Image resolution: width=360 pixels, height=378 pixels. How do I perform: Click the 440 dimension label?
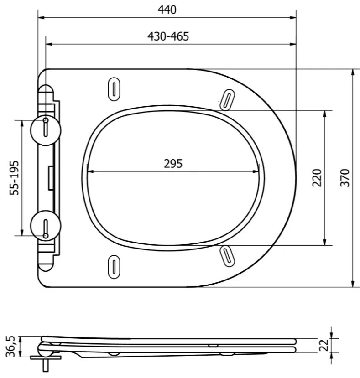tap(167, 10)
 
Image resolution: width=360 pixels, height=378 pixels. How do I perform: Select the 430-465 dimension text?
tap(168, 36)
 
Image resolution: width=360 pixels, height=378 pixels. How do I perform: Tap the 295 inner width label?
tap(173, 164)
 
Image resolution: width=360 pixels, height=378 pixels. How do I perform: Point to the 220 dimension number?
tap(317, 178)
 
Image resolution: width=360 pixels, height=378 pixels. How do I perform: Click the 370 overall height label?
tap(345, 178)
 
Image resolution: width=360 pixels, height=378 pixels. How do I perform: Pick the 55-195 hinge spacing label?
tap(14, 178)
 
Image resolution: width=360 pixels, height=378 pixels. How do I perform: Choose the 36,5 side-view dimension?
tap(10, 346)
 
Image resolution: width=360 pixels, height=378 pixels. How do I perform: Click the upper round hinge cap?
tap(46, 130)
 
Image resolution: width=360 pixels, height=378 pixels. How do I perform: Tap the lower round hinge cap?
tap(46, 226)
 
